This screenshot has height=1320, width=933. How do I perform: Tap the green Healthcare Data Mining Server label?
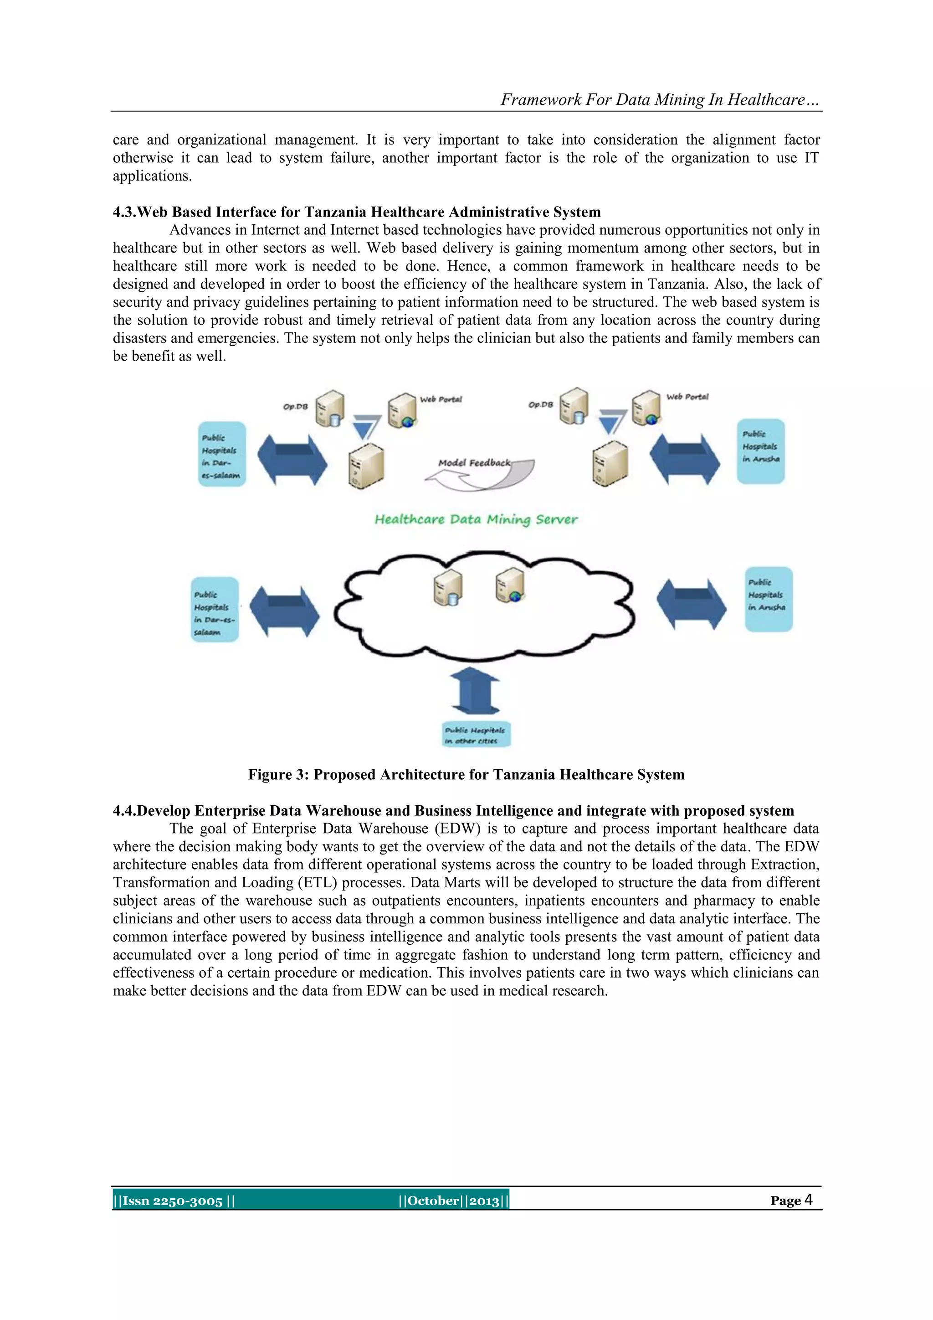476,519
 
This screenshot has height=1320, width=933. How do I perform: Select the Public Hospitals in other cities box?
476,735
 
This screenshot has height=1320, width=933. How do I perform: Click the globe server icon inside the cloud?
510,585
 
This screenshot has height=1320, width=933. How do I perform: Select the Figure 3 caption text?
466,774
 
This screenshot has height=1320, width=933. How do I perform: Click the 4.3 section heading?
356,212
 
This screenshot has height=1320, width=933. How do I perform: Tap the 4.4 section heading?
453,811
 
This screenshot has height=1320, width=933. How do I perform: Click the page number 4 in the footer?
808,1200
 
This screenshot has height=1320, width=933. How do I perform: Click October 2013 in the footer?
453,1201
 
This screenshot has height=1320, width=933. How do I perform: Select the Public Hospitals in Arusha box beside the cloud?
768,599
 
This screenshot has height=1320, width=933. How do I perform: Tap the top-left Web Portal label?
441,399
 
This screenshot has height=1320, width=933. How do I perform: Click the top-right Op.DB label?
541,405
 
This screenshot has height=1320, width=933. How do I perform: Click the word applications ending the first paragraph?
152,176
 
